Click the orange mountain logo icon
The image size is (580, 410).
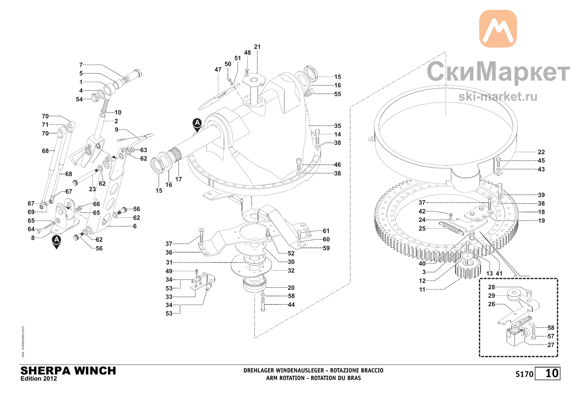[498, 29]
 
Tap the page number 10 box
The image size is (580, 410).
[548, 373]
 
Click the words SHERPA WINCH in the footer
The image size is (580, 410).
[68, 371]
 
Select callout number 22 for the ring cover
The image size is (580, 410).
[541, 152]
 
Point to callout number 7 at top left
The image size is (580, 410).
[81, 65]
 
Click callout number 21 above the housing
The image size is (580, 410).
[257, 47]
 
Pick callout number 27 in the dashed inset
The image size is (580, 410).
[551, 345]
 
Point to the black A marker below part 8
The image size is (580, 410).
[57, 242]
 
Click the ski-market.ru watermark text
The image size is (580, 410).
[498, 97]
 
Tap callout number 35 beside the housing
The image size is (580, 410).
[338, 126]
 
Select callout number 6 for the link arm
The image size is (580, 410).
[135, 226]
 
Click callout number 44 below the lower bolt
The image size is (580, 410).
[291, 305]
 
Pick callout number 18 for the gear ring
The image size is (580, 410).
[541, 212]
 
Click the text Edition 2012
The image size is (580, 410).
[39, 379]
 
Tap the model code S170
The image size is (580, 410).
[524, 374]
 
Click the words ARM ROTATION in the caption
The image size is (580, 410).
[285, 378]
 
